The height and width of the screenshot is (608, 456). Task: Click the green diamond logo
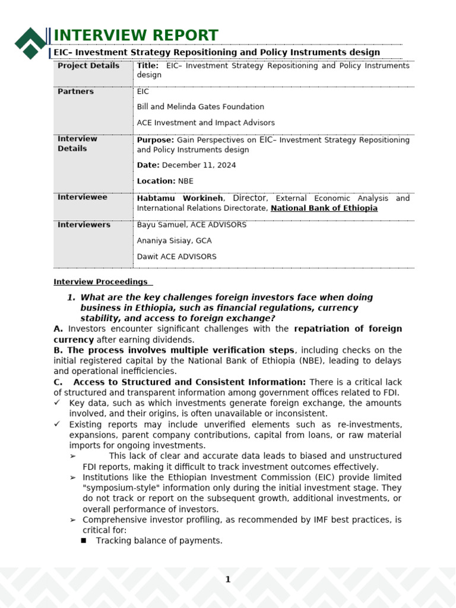pyautogui.click(x=30, y=43)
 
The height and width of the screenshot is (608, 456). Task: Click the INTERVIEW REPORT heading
pyautogui.click(x=136, y=36)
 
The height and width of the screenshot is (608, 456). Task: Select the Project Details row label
pyautogui.click(x=88, y=66)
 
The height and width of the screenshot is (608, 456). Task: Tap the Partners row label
pyautogui.click(x=75, y=91)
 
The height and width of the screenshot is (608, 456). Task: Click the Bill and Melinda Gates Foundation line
pyautogui.click(x=200, y=107)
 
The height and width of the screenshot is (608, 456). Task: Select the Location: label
pyautogui.click(x=156, y=181)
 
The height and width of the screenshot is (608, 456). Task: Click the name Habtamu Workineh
pyautogui.click(x=180, y=198)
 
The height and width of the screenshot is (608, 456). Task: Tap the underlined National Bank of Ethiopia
pyautogui.click(x=324, y=208)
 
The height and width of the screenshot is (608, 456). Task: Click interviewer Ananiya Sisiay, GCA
pyautogui.click(x=174, y=241)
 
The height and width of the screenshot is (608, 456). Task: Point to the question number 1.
pyautogui.click(x=71, y=297)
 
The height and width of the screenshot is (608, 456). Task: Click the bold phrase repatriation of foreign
pyautogui.click(x=347, y=329)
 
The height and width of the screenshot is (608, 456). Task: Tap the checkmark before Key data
pyautogui.click(x=57, y=403)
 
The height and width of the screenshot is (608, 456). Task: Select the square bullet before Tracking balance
pyautogui.click(x=84, y=541)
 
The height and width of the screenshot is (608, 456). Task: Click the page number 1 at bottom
pyautogui.click(x=227, y=579)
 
